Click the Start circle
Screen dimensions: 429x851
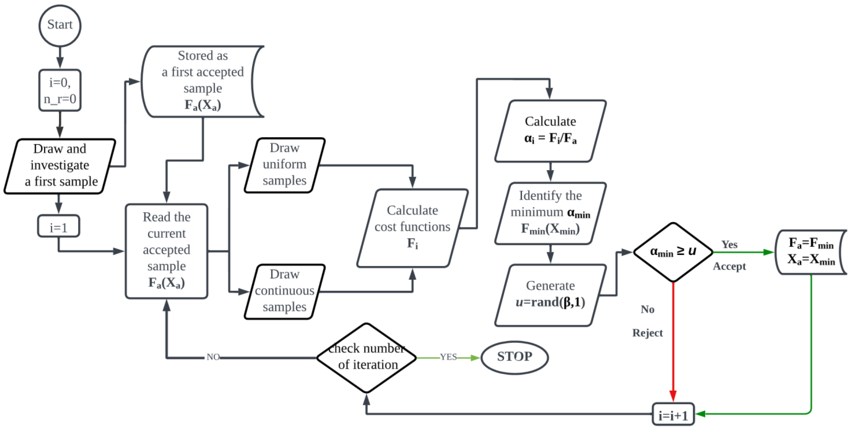[x=60, y=25]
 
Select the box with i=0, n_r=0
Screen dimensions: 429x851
[x=60, y=90]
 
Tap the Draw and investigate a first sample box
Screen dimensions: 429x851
[x=60, y=166]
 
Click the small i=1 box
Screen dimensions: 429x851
[x=59, y=226]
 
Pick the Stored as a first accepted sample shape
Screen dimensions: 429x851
[x=202, y=81]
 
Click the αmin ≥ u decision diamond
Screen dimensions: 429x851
[x=673, y=252]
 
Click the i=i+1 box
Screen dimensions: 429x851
[x=673, y=414]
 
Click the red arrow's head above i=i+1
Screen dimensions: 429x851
[x=673, y=396]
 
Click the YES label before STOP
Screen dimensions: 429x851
[x=448, y=357]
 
